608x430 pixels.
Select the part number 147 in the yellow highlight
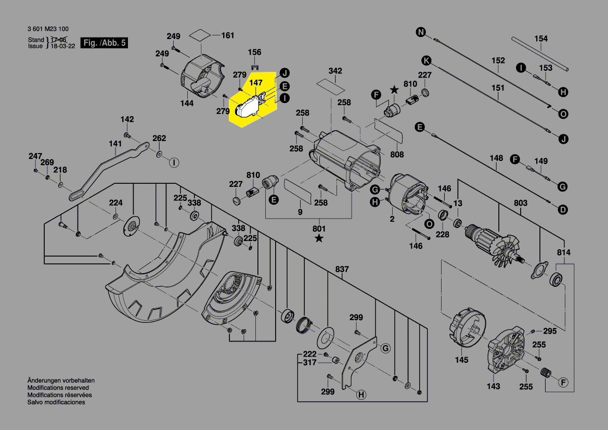pyautogui.click(x=255, y=83)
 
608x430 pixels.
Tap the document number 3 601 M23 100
pyautogui.click(x=47, y=29)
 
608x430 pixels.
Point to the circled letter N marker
pyautogui.click(x=420, y=32)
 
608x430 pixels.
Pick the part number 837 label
pyautogui.click(x=342, y=269)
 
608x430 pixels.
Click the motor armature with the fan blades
pyautogui.click(x=491, y=244)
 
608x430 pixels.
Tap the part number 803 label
pyautogui.click(x=520, y=203)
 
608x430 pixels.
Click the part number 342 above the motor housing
pyautogui.click(x=335, y=71)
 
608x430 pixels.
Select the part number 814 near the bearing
pyautogui.click(x=563, y=253)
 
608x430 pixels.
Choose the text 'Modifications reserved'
pyautogui.click(x=58, y=388)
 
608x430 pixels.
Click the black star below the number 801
pyautogui.click(x=318, y=238)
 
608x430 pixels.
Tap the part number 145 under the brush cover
pyautogui.click(x=461, y=360)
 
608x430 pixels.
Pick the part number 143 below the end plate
pyautogui.click(x=493, y=386)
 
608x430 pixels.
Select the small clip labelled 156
pyautogui.click(x=254, y=66)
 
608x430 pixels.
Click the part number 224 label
pyautogui.click(x=115, y=203)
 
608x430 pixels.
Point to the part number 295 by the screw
pyautogui.click(x=550, y=331)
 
